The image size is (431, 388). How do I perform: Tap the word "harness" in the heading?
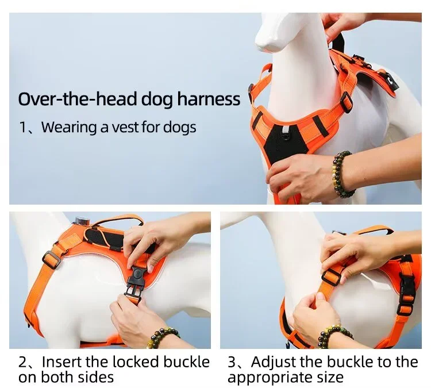[209, 99]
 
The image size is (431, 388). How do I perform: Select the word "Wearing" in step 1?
[69, 128]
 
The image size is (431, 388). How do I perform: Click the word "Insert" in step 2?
[62, 362]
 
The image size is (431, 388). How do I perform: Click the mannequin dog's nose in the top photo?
[263, 44]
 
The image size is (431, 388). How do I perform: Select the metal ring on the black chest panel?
[286, 134]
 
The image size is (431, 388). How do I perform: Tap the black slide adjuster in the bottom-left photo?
[51, 260]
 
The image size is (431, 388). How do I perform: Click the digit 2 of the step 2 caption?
[22, 362]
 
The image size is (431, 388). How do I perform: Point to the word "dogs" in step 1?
[180, 128]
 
